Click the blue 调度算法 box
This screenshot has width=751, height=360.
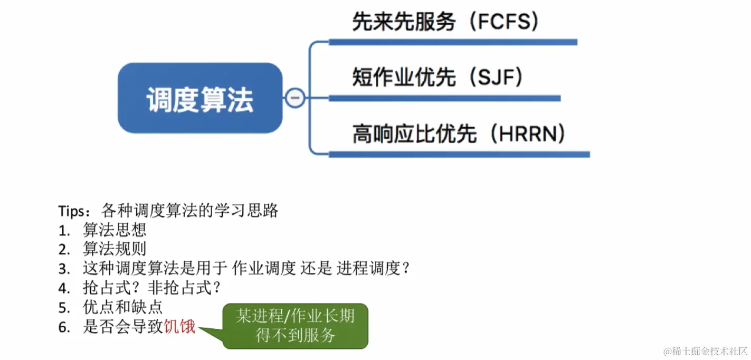(x=199, y=98)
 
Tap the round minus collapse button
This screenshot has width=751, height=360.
(x=295, y=98)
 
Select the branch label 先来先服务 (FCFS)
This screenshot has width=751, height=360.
(x=446, y=22)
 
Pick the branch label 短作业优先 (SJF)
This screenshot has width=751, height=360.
(x=438, y=78)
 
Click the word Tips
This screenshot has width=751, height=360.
(x=70, y=211)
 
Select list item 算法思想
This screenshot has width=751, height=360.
(x=114, y=230)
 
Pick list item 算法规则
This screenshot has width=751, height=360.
(x=114, y=249)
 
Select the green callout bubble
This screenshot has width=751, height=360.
(x=295, y=326)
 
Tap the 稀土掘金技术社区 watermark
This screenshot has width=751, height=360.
(x=704, y=351)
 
